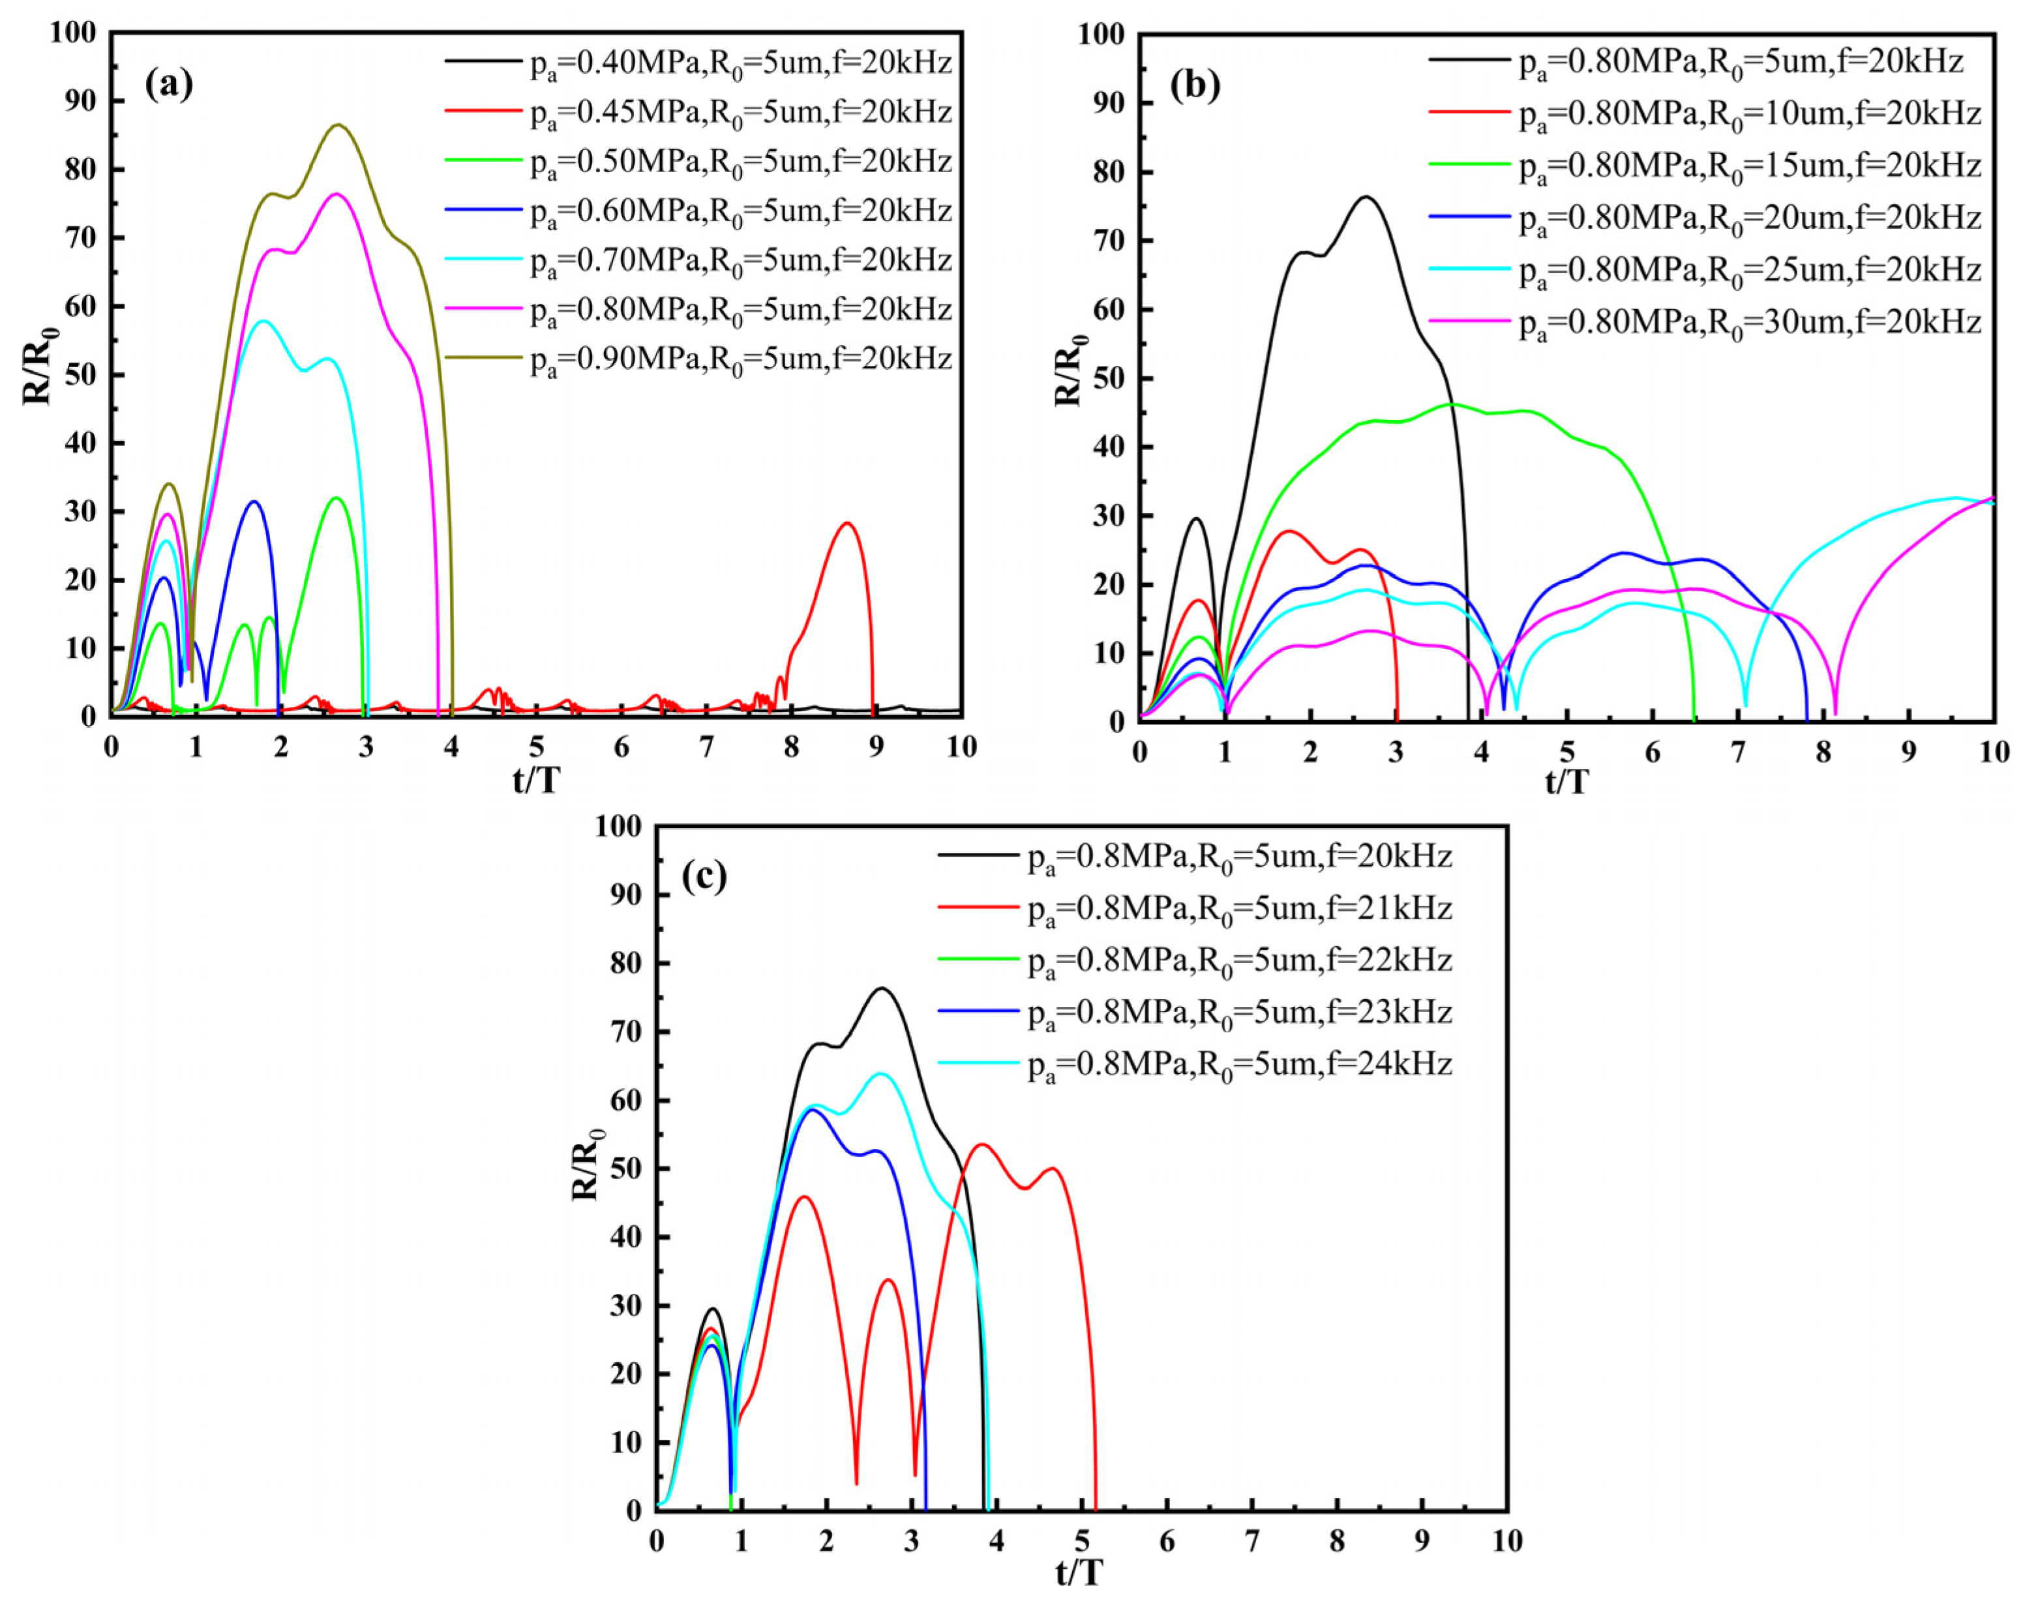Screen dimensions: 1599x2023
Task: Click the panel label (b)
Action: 1195,85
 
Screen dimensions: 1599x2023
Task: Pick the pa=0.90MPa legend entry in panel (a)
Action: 740,359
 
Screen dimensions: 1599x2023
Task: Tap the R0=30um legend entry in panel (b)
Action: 1748,323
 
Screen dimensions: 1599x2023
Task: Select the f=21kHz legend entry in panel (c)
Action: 1238,908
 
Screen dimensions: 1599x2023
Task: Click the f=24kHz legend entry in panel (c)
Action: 1238,1064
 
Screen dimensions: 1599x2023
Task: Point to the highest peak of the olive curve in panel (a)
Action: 339,125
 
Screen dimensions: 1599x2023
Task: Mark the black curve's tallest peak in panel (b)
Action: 1366,196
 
